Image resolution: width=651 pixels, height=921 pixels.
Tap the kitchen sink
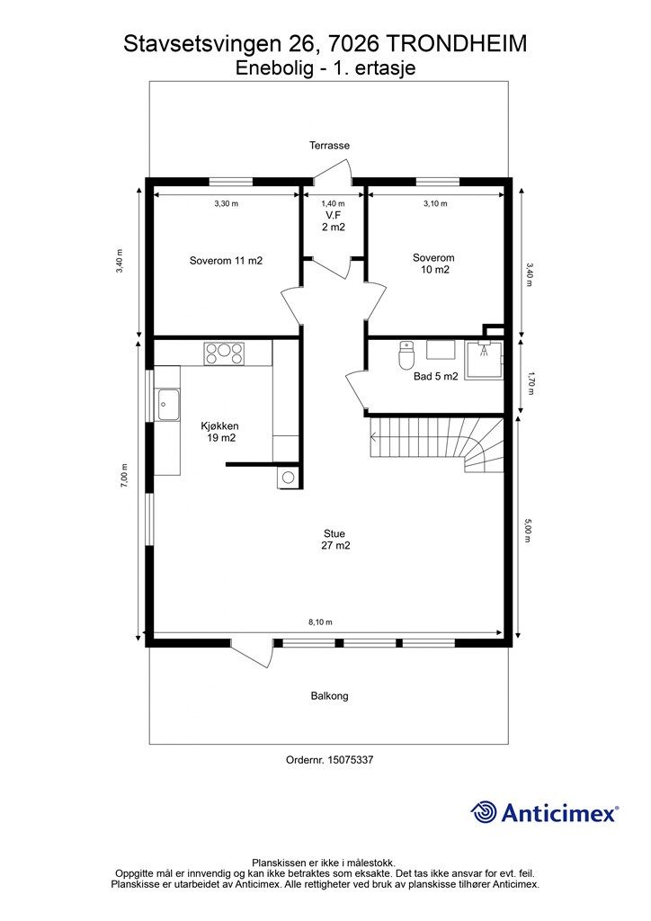pos(168,404)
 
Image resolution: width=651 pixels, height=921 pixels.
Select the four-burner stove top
pos(224,353)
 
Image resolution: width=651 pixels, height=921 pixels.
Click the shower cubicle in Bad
pos(485,360)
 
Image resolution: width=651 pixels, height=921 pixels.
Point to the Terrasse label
pos(329,145)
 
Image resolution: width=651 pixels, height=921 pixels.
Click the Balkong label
pos(329,696)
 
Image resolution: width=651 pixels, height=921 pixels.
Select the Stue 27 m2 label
pos(334,540)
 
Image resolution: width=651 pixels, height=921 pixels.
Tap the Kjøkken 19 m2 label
pos(220,432)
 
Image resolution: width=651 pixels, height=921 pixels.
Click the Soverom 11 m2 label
pos(226,260)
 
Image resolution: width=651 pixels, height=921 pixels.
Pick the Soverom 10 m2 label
pos(433,264)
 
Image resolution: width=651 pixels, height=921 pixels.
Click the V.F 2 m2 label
pos(334,221)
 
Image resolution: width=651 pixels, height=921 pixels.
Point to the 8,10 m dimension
pos(320,622)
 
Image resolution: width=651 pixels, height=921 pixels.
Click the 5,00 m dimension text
pos(528,531)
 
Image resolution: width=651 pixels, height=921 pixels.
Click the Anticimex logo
pos(544,812)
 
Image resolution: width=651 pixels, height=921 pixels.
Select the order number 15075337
pos(349,759)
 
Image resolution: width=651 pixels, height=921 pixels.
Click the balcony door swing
pos(253,653)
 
